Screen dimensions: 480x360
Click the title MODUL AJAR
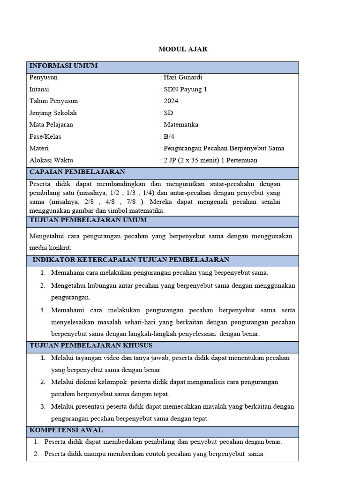[x=183, y=49]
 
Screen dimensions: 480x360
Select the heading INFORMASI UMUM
[x=63, y=66]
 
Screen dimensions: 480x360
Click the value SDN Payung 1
[x=185, y=89]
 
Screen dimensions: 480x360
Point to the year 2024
[x=171, y=101]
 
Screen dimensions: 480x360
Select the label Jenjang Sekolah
[x=53, y=113]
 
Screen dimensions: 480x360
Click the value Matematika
[x=181, y=125]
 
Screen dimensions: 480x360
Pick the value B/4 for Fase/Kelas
[x=168, y=137]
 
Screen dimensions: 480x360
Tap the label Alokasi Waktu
[x=51, y=160]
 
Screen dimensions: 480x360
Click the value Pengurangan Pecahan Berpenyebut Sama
[x=224, y=149]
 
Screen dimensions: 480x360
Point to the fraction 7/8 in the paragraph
[x=130, y=202]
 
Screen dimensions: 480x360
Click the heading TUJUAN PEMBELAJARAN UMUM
[x=88, y=220]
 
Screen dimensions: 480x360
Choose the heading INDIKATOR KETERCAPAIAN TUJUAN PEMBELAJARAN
[x=131, y=260]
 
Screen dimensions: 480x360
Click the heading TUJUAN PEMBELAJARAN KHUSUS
[x=91, y=346]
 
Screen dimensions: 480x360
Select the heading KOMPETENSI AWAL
[x=66, y=430]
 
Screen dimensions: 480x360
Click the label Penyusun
[x=44, y=77]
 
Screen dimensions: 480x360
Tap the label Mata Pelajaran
[x=51, y=125]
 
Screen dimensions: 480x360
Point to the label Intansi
[x=39, y=89]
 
